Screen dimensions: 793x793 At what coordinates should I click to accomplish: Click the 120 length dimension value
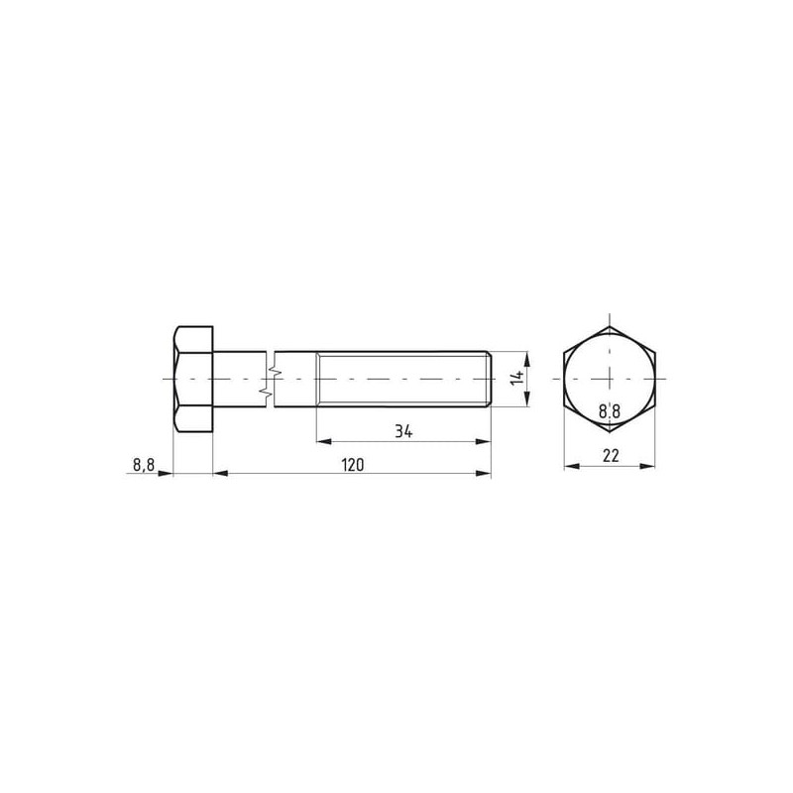coord(353,464)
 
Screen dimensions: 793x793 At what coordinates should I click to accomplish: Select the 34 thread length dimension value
coord(403,431)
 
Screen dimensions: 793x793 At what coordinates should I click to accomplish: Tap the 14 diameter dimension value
coord(516,378)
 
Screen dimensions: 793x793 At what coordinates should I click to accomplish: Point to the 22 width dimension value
coord(611,456)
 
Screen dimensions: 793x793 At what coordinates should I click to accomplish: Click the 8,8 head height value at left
coord(144,465)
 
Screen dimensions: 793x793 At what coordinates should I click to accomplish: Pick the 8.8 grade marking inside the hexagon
coord(610,411)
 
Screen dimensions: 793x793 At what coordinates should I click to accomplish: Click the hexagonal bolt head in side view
coord(193,379)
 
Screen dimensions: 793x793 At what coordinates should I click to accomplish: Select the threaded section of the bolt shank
coord(403,379)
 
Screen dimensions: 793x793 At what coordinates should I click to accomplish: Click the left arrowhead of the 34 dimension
coord(324,441)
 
